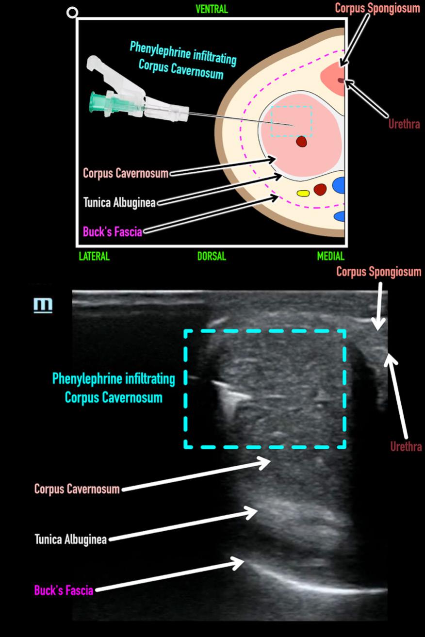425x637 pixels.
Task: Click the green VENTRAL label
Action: (211, 9)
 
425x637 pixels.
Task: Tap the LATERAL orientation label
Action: (94, 256)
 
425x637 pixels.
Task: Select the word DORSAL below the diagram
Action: (212, 256)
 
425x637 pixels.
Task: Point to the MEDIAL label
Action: (330, 256)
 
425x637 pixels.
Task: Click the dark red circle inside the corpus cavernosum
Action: (302, 141)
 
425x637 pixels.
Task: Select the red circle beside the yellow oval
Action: (320, 189)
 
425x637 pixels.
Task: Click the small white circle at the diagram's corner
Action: (72, 13)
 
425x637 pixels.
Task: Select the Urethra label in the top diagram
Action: (405, 124)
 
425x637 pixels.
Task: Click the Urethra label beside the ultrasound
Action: (406, 447)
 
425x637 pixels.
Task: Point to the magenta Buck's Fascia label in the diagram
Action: (113, 231)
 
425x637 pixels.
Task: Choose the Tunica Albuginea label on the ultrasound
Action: (71, 539)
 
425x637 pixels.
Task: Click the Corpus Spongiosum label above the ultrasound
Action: (379, 272)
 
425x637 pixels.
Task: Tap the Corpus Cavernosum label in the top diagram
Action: (126, 173)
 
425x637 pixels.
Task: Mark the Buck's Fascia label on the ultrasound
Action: (64, 590)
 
